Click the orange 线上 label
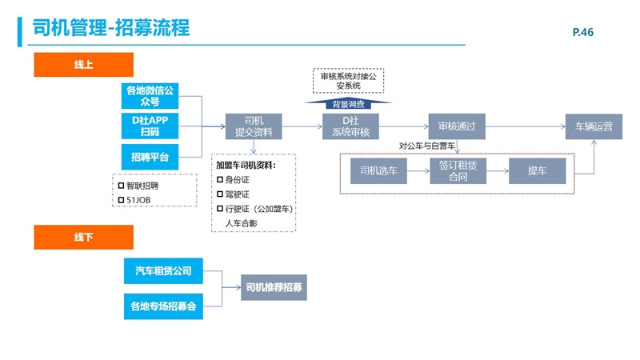click(x=83, y=65)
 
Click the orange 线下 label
click(x=83, y=237)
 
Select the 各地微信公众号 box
click(x=150, y=96)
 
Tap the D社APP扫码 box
click(x=150, y=126)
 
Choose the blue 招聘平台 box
click(x=150, y=154)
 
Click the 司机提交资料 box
click(x=253, y=126)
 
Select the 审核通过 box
click(x=458, y=126)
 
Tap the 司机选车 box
click(x=379, y=171)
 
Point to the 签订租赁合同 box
click(x=458, y=171)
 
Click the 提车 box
click(x=537, y=171)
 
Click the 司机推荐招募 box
click(x=274, y=287)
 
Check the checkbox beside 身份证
click(x=220, y=180)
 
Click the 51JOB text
click(x=140, y=199)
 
